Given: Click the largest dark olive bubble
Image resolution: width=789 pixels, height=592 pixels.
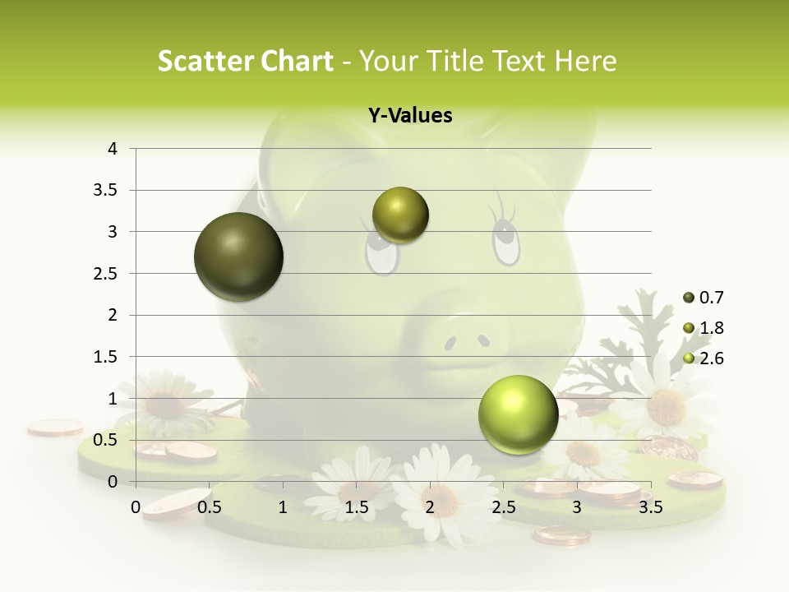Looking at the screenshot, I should click(238, 257).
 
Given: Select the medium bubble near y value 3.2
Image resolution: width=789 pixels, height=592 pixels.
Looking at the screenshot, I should click(400, 215).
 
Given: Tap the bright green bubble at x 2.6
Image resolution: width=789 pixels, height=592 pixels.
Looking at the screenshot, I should click(518, 414).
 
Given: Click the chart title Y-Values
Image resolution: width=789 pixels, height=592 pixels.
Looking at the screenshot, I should click(409, 116).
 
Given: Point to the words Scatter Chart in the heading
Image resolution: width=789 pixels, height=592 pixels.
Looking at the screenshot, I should click(245, 61).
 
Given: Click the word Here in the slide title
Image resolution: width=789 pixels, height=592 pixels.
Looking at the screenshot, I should click(585, 61).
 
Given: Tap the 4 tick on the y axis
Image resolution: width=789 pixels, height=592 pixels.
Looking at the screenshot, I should click(113, 149).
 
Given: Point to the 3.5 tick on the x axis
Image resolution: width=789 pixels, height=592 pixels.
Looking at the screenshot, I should click(650, 507).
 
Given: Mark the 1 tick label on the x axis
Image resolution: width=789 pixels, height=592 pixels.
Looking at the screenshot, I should click(283, 507).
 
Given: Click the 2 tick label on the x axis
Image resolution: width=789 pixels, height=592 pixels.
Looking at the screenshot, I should click(430, 507).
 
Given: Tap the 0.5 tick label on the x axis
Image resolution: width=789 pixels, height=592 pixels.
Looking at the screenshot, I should click(209, 507).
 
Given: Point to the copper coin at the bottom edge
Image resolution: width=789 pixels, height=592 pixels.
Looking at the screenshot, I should click(561, 536).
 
